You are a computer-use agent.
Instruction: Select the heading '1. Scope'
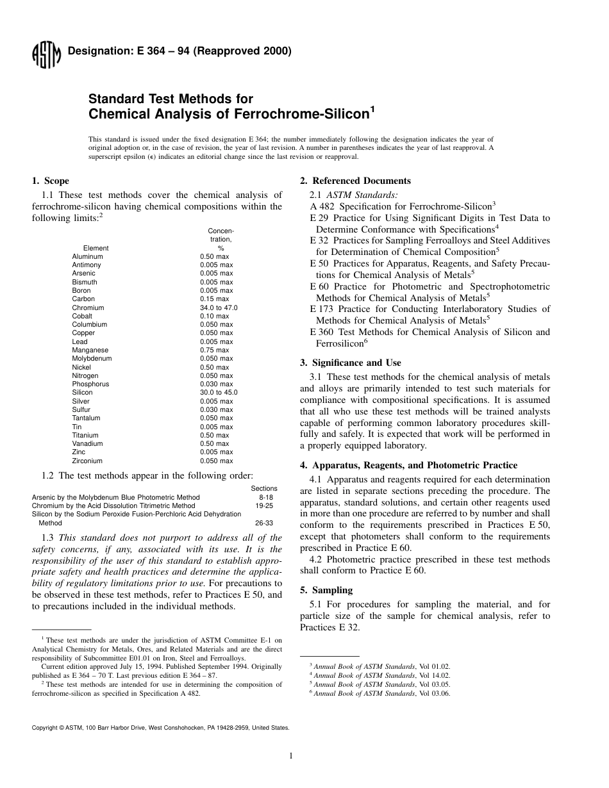[x=51, y=181]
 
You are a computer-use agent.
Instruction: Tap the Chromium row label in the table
[x=88, y=308]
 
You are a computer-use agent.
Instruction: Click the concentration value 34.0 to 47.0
[x=219, y=308]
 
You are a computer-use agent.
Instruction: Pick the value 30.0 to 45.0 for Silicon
[x=219, y=393]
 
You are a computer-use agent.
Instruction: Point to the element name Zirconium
[x=87, y=461]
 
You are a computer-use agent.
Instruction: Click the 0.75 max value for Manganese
[x=214, y=350]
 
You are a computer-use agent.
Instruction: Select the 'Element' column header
[x=96, y=248]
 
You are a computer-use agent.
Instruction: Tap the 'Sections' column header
[x=264, y=489]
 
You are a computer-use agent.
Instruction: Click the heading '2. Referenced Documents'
[x=355, y=181]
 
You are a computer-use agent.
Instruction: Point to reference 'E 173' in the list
[x=322, y=309]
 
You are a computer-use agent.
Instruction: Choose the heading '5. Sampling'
[x=326, y=590]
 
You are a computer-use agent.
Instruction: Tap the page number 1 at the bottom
[x=290, y=756]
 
